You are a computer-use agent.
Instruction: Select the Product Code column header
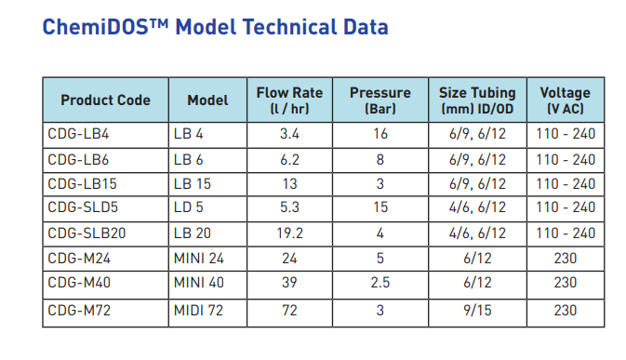[106, 100]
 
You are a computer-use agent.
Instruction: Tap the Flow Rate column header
[289, 100]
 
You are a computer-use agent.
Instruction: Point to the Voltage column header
[565, 100]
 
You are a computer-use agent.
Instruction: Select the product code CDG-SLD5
[84, 207]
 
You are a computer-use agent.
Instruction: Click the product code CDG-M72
[80, 310]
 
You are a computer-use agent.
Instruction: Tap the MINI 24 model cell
[198, 258]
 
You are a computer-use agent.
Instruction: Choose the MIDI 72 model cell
[198, 310]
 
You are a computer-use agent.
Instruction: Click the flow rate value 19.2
[289, 233]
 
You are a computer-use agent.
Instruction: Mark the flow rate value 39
[289, 283]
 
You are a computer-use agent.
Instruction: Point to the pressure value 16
[380, 134]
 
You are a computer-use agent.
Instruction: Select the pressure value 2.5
[380, 283]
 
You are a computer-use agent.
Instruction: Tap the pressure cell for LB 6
[380, 159]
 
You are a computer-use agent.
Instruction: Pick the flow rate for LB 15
[289, 183]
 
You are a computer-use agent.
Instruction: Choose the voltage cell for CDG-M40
[565, 283]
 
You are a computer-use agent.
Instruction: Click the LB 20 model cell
[192, 233]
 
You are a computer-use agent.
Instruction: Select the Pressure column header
[380, 100]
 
